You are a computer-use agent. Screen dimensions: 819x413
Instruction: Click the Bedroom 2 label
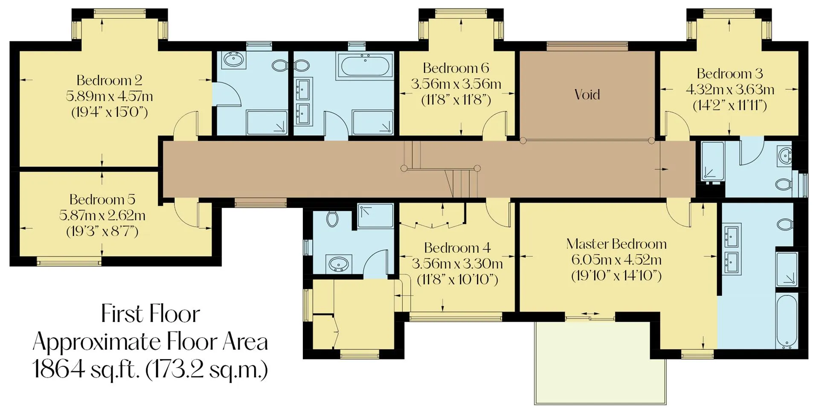coord(109,80)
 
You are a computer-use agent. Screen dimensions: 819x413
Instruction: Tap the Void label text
coord(587,94)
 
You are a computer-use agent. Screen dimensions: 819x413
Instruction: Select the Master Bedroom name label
coord(616,244)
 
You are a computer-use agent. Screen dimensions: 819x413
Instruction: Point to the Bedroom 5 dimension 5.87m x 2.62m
coord(102,215)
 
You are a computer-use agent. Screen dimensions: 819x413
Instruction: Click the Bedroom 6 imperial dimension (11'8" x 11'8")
coord(456,100)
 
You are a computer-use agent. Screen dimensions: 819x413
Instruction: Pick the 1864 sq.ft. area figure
coord(86,369)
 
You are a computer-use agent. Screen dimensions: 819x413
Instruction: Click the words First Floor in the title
coord(150,314)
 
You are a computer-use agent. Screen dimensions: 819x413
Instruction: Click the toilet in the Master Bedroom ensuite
coord(785,224)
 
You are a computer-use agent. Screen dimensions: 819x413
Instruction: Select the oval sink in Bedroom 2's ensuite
coord(232,59)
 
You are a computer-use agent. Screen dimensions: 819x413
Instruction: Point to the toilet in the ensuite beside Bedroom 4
coord(332,219)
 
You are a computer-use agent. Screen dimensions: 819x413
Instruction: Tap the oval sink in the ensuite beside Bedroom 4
coord(339,264)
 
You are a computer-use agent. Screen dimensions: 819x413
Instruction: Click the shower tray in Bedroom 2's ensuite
coord(267,122)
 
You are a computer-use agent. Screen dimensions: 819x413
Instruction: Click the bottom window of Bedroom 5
coord(69,261)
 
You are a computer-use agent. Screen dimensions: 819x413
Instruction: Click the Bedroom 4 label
coord(457,248)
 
